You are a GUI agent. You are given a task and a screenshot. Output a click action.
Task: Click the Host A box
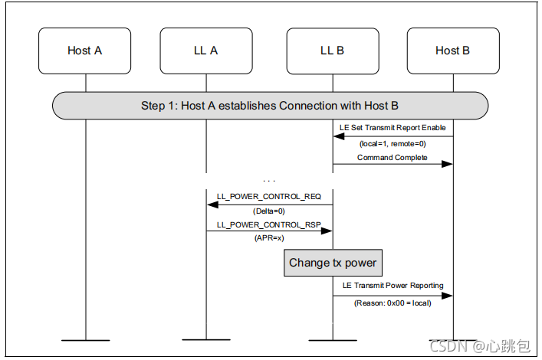point(84,51)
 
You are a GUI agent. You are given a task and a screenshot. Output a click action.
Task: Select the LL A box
point(206,51)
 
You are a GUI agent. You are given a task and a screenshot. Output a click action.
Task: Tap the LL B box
point(333,51)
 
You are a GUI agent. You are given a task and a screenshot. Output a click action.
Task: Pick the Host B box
point(453,51)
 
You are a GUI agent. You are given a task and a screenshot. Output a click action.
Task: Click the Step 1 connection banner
point(271,106)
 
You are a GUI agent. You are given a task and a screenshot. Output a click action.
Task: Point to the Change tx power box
point(333,263)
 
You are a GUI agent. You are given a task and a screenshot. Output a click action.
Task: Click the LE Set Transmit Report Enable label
point(393,128)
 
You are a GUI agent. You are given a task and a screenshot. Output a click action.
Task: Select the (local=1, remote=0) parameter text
point(393,144)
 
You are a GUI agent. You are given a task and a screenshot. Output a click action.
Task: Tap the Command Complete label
point(393,158)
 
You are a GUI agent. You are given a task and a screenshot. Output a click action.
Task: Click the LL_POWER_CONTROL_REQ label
point(269,197)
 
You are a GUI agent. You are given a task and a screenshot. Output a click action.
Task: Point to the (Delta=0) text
point(269,211)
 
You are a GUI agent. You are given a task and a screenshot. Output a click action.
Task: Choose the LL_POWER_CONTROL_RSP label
point(269,225)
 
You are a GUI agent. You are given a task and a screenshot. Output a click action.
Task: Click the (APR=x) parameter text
point(269,238)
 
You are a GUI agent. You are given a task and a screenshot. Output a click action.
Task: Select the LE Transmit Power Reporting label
point(393,286)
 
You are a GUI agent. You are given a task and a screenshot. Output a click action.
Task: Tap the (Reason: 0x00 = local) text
point(393,303)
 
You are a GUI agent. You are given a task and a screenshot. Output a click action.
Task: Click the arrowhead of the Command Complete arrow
point(447,164)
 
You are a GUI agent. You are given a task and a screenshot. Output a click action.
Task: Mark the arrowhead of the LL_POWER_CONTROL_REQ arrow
point(212,205)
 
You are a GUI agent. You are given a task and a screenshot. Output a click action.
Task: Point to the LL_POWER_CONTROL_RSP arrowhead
point(327,231)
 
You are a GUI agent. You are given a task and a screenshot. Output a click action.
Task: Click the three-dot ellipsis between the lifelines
point(269,181)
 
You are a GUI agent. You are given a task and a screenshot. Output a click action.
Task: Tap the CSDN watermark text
point(480,346)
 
